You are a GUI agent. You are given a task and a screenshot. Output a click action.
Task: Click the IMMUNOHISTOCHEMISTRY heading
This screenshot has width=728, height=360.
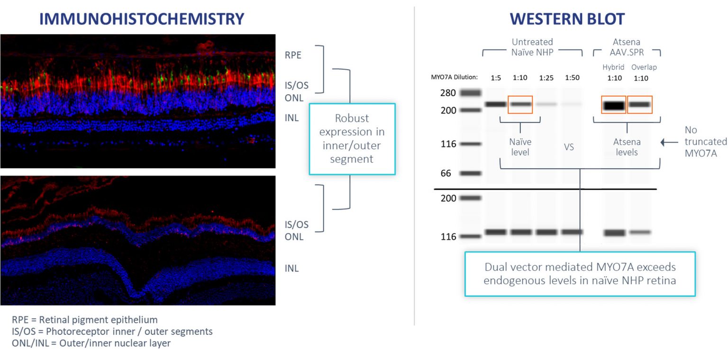(141, 18)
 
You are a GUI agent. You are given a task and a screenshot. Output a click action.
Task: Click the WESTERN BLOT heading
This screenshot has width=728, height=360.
(567, 18)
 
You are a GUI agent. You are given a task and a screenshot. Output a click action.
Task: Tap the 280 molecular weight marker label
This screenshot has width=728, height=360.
(448, 93)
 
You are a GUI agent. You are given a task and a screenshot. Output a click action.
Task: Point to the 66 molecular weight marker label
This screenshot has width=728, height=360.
(446, 173)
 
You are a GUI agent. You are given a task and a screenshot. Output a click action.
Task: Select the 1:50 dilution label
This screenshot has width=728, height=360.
(573, 77)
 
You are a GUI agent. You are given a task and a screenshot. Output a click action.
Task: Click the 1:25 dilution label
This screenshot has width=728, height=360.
(546, 77)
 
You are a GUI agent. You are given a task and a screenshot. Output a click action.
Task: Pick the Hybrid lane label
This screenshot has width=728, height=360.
(613, 67)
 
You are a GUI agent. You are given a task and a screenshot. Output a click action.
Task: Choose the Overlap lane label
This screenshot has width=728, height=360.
(644, 67)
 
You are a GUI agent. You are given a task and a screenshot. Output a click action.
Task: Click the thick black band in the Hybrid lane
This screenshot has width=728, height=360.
(613, 105)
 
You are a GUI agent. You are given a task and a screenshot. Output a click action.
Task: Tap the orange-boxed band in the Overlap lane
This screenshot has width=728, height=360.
(639, 105)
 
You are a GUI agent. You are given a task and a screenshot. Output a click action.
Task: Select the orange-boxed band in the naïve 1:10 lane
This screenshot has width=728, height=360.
(520, 104)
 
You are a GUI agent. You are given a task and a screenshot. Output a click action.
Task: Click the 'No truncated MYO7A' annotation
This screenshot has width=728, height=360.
(705, 142)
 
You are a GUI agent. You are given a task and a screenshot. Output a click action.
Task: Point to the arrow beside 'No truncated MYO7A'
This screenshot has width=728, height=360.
(670, 142)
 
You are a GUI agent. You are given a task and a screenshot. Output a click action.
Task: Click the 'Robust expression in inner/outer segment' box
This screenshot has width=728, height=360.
(352, 139)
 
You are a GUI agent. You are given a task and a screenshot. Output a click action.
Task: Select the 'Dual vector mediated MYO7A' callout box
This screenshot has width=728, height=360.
(579, 274)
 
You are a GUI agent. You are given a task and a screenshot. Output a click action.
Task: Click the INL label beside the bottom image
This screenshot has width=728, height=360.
(291, 269)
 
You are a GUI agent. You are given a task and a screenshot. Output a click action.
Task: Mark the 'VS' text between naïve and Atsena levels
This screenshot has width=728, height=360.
(569, 147)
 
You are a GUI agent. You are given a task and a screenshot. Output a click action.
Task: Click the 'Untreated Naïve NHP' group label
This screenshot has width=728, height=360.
(532, 47)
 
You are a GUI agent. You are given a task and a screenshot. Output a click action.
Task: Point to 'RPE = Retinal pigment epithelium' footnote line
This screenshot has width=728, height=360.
(85, 320)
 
